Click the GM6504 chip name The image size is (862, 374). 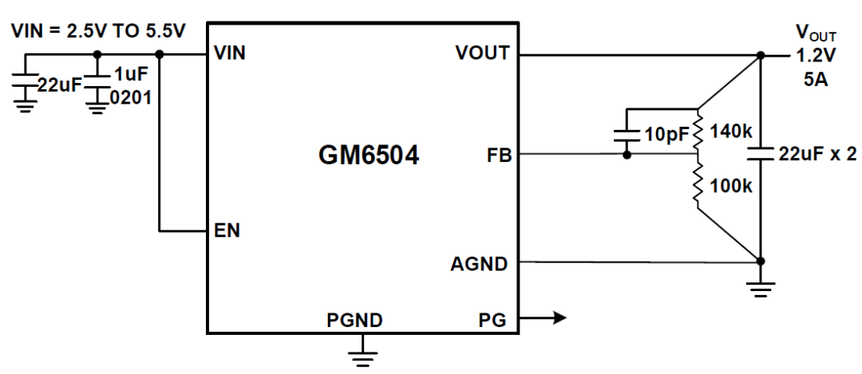click(x=369, y=156)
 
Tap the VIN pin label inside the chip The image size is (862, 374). click(x=229, y=53)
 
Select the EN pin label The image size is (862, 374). click(x=227, y=230)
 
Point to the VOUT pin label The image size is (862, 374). click(x=483, y=53)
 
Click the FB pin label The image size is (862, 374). click(x=499, y=156)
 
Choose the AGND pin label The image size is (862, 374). click(x=479, y=264)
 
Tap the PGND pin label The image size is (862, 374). click(x=354, y=320)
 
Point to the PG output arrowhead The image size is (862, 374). click(x=560, y=317)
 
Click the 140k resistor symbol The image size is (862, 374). click(x=698, y=132)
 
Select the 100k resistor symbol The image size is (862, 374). click(x=698, y=182)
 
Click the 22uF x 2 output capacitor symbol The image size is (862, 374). click(x=761, y=153)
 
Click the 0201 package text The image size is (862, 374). click(x=130, y=99)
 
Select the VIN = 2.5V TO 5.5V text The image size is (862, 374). click(x=99, y=31)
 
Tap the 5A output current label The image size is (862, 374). click(x=815, y=81)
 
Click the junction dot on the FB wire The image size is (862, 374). click(x=627, y=156)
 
